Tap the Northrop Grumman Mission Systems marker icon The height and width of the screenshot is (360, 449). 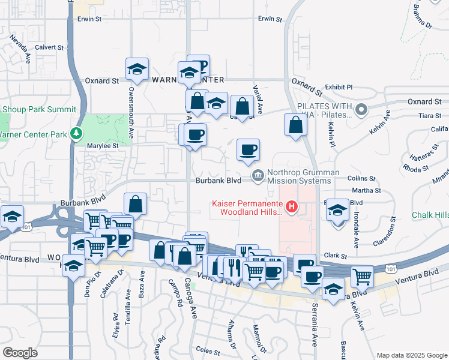[258, 175]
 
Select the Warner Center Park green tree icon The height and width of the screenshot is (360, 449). [76, 133]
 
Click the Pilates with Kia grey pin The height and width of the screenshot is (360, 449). [361, 110]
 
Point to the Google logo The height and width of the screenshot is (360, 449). [20, 353]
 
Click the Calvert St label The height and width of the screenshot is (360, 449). [49, 47]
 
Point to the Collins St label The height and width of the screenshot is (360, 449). [361, 179]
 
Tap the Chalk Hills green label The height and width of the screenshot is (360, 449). [430, 215]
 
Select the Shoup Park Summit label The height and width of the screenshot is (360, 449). [39, 109]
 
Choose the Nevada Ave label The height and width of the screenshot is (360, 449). [20, 49]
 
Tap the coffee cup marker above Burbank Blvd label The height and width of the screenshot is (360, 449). [248, 150]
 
